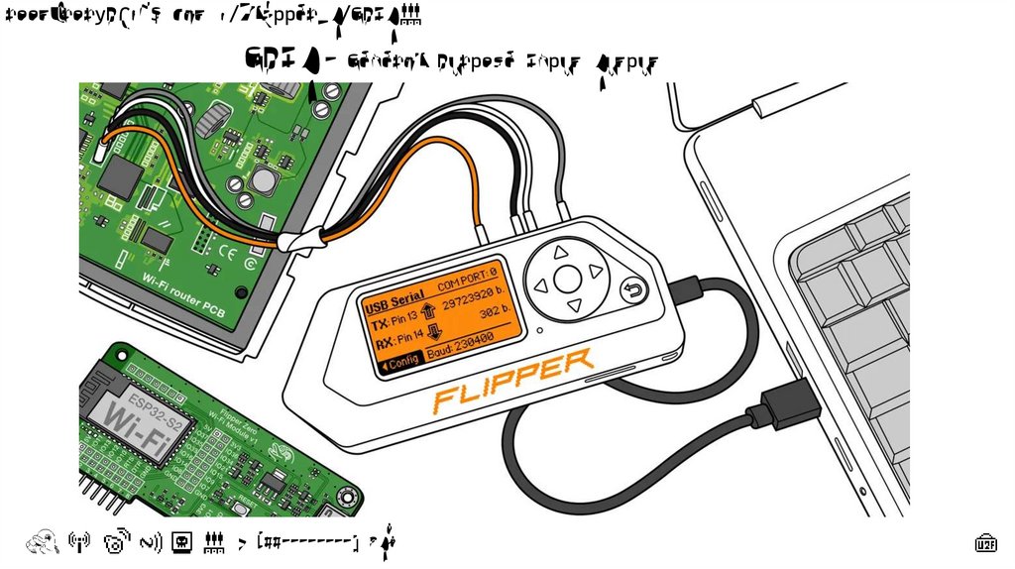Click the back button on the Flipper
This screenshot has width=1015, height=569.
[x=633, y=291]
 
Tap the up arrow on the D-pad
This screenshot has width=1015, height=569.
[x=560, y=252]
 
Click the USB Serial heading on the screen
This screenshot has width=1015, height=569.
[x=395, y=297]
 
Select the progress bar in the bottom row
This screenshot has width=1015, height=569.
[x=307, y=542]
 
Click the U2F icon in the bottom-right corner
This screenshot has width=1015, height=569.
[x=986, y=542]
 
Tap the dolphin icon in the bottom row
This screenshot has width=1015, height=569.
[x=41, y=541]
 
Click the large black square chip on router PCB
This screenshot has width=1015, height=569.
[x=121, y=175]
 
